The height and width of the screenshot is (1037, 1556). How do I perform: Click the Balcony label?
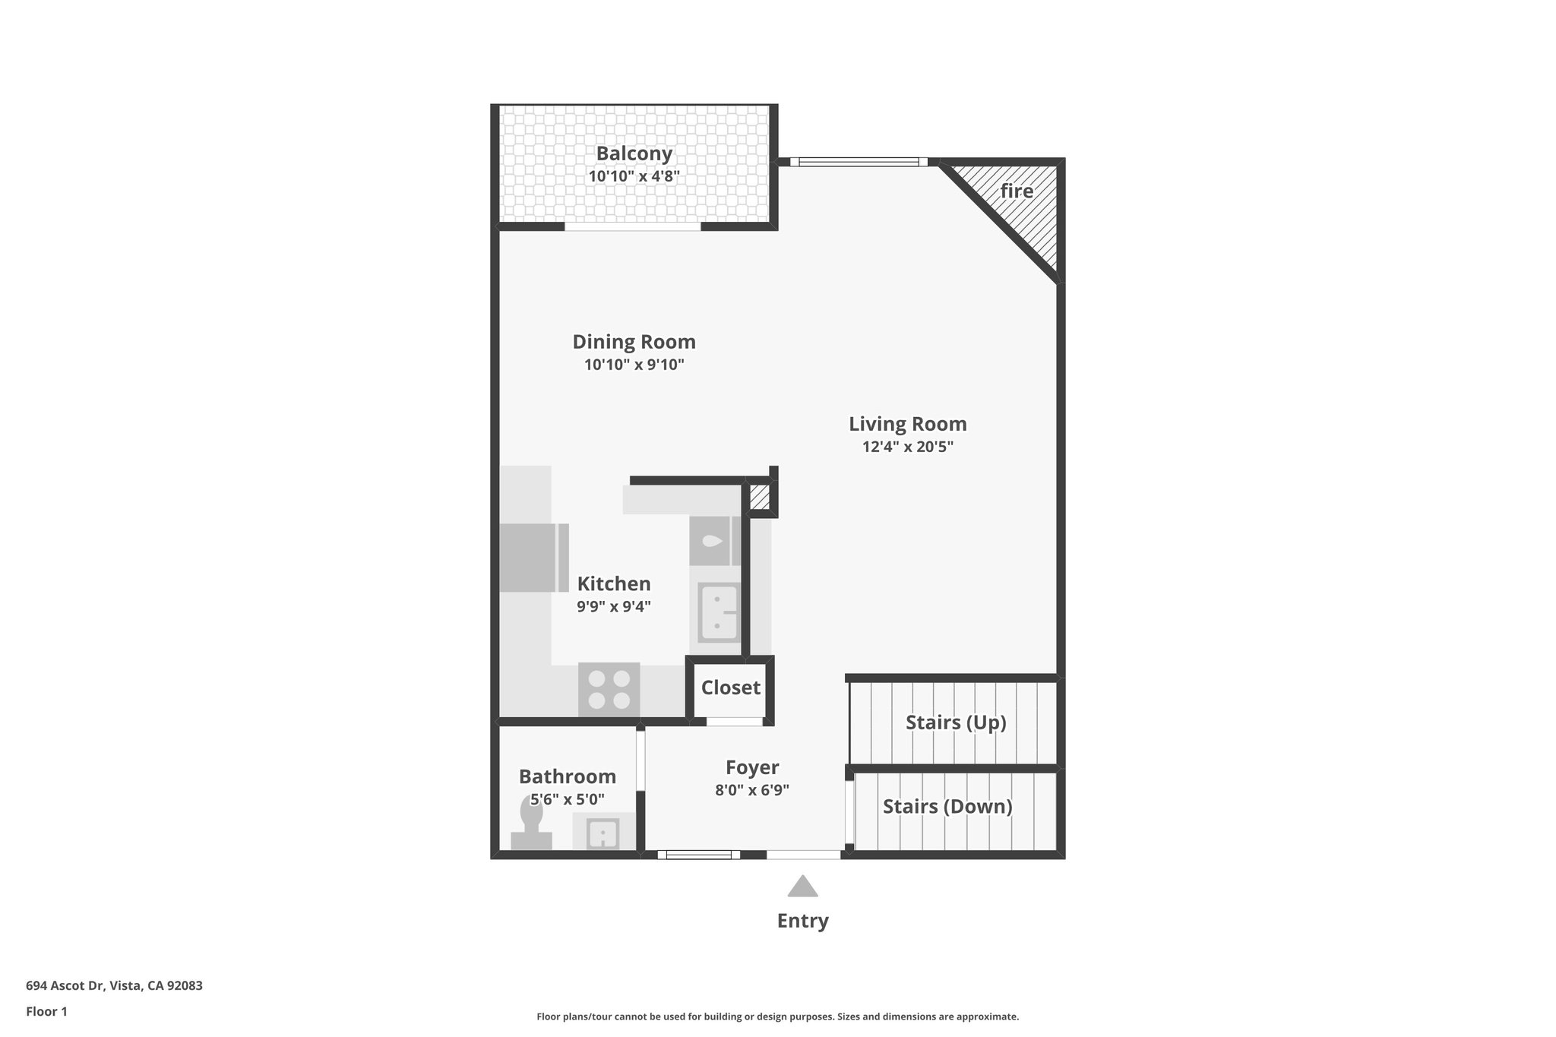point(634,153)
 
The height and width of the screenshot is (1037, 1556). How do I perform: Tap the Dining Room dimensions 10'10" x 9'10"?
point(634,365)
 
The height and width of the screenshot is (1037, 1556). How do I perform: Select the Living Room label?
point(907,424)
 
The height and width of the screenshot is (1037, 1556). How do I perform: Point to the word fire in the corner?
point(1017,191)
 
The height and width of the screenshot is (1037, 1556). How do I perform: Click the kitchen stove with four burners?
point(609,689)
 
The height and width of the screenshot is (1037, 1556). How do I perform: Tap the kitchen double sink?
point(718,612)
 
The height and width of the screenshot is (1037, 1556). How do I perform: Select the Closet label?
point(730,688)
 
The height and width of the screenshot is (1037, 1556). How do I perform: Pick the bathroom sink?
point(602,833)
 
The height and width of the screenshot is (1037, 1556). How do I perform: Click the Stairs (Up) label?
point(955,722)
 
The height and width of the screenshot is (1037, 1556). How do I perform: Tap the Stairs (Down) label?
point(947,806)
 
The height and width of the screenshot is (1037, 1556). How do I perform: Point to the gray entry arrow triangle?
point(802,887)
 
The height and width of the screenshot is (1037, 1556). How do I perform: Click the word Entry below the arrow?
point(802,921)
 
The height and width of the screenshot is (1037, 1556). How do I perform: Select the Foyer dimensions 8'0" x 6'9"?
point(752,790)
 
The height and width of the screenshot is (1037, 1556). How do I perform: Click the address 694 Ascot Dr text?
point(114,986)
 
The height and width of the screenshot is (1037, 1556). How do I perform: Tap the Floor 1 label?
point(46,1011)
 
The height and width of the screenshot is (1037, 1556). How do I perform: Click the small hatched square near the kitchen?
point(759,498)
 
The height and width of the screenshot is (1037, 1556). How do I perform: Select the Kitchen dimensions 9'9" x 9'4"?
point(614,607)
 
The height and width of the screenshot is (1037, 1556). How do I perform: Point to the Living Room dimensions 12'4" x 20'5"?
point(907,447)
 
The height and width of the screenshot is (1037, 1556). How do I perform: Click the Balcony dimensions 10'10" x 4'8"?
point(634,176)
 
